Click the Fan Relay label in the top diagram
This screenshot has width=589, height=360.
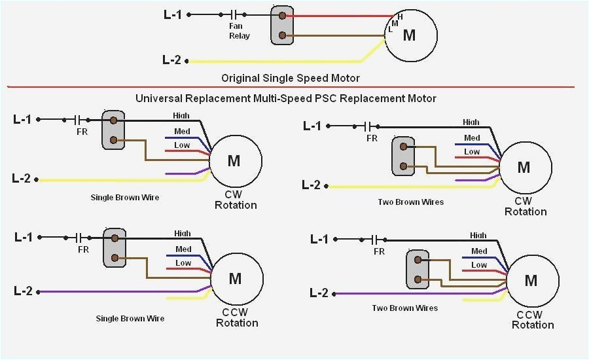(x=239, y=31)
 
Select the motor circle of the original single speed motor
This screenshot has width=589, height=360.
(x=410, y=35)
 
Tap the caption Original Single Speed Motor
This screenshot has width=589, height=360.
(x=290, y=78)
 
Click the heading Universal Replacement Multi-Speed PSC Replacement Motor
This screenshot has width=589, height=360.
(x=285, y=98)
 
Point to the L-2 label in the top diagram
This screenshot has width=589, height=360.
(x=171, y=60)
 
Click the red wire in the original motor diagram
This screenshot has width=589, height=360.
(x=340, y=16)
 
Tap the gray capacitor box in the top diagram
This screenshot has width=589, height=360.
(x=282, y=26)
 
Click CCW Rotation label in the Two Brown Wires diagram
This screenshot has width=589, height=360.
(x=533, y=319)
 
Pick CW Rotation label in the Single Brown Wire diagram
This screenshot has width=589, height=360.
(x=236, y=200)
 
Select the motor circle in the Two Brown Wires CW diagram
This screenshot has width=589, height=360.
(x=524, y=167)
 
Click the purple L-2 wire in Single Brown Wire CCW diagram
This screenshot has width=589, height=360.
(x=118, y=291)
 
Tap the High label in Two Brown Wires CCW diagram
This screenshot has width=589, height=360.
(x=478, y=236)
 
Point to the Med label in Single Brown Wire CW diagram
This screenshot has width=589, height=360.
(x=183, y=132)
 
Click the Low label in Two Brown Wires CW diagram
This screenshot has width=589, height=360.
(x=472, y=151)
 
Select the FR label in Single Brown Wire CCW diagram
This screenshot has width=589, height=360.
(x=83, y=249)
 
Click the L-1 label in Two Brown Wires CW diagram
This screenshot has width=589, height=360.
(x=312, y=126)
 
